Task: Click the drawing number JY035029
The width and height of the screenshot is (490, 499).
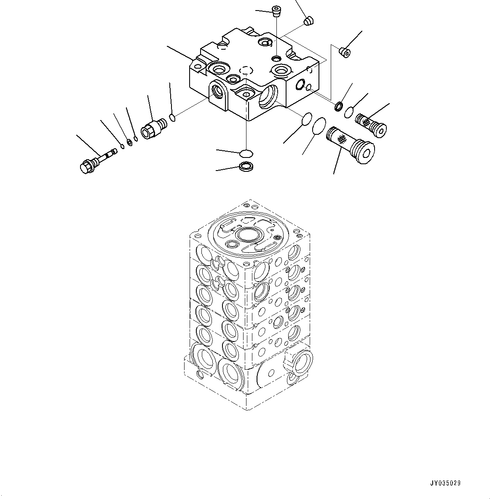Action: click(445, 483)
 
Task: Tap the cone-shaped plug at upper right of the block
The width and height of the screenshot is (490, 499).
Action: click(309, 20)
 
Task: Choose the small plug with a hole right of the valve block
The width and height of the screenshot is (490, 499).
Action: click(345, 52)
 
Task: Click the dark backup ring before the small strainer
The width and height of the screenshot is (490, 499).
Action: click(338, 107)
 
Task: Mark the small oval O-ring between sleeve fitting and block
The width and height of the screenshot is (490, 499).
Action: click(172, 117)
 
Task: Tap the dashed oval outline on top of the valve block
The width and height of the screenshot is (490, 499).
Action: click(245, 70)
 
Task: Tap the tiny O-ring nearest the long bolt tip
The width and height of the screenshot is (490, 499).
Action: click(122, 146)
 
